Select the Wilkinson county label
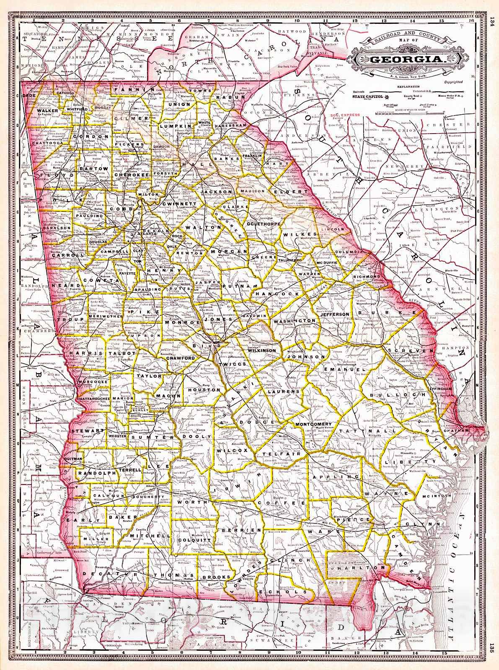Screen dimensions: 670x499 point(261,350)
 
